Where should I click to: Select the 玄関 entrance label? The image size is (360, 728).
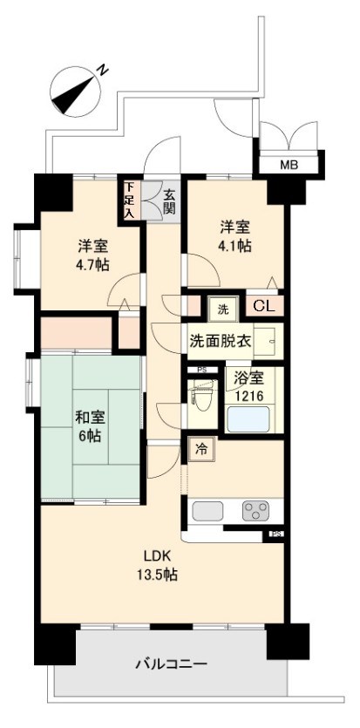click(x=169, y=202)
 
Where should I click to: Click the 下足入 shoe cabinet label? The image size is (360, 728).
click(x=129, y=200)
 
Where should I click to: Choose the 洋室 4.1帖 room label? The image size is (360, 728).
click(x=234, y=236)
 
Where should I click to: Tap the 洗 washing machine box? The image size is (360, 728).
click(x=222, y=308)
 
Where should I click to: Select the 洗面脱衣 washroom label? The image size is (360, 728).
click(x=221, y=340)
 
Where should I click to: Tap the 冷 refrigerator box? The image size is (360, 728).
click(x=200, y=451)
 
